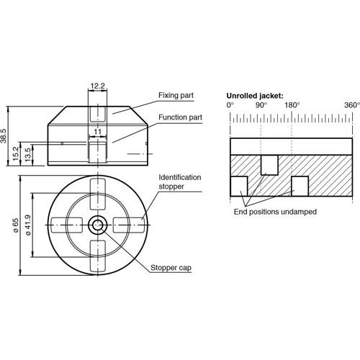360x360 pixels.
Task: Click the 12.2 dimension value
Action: (97, 86)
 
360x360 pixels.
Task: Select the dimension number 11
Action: (97, 132)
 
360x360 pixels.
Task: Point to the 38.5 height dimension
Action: (4, 135)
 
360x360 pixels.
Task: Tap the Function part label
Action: (180, 117)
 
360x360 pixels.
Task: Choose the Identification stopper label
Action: (180, 181)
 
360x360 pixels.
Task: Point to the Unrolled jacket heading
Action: (255, 95)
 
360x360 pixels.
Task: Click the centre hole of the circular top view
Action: (97, 225)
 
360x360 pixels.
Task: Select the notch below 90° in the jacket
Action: (269, 164)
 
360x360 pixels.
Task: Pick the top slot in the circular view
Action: (97, 192)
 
